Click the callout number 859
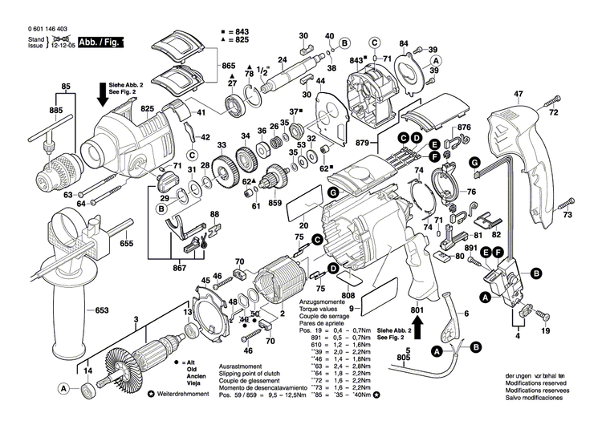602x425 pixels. [x=275, y=203]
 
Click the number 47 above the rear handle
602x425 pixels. [x=518, y=94]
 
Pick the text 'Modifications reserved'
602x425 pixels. [x=535, y=382]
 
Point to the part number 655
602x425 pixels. [x=127, y=243]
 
